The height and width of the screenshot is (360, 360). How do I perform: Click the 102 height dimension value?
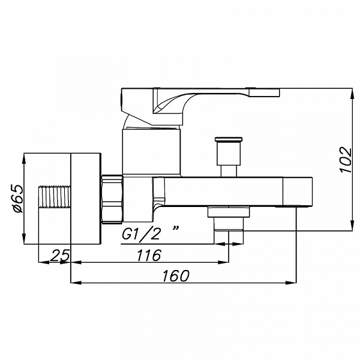(x=346, y=160)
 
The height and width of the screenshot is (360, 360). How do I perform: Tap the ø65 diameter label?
(x=18, y=198)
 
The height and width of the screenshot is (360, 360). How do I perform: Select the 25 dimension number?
(x=59, y=256)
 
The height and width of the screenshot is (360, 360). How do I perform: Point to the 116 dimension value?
(x=149, y=255)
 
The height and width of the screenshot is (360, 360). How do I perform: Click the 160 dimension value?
(x=176, y=276)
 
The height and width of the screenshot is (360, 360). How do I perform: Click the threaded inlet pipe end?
(x=54, y=197)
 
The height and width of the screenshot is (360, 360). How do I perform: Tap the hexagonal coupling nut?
(x=112, y=199)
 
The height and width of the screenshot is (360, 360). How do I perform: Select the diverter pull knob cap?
(x=229, y=140)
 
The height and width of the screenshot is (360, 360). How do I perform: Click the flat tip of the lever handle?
(x=264, y=92)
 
